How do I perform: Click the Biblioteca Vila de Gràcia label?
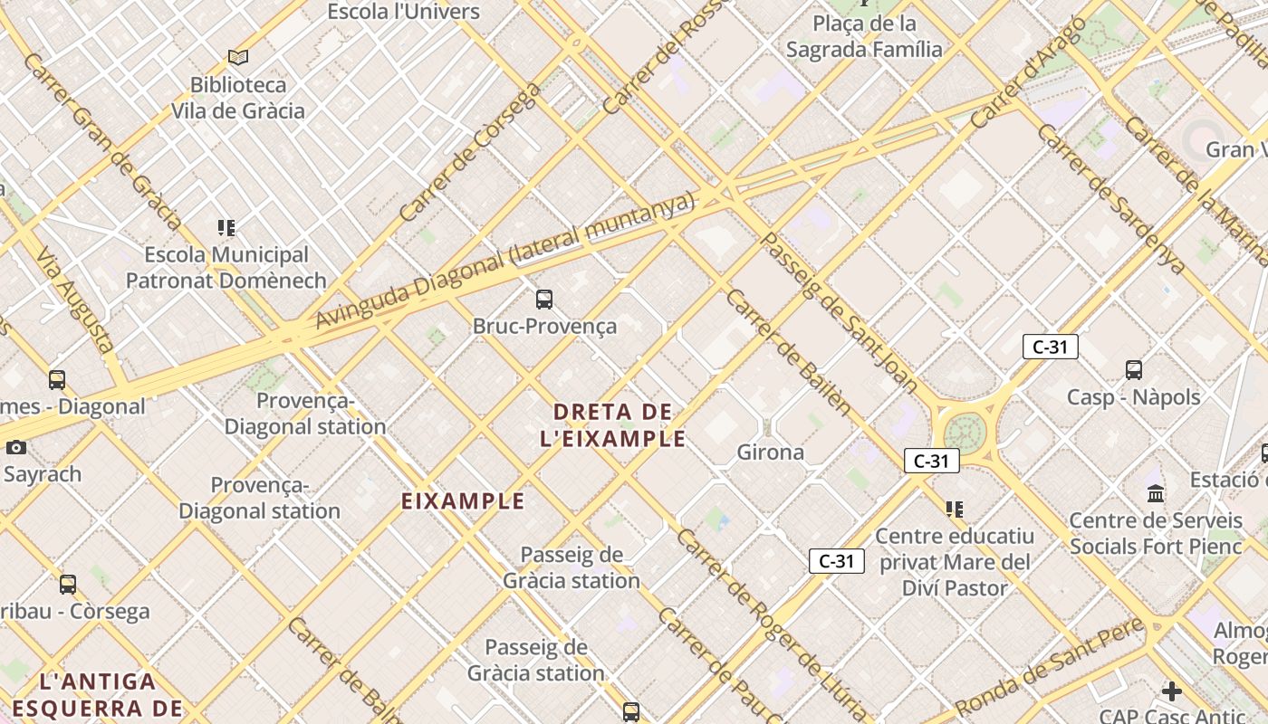[x=238, y=98]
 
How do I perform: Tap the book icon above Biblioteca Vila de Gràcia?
[x=238, y=58]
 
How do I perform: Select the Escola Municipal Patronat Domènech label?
[x=226, y=268]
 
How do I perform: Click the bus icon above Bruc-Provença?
[x=544, y=299]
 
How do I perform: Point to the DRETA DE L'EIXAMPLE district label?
[x=612, y=425]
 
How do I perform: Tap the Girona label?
[x=771, y=452]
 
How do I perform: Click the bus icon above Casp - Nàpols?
[x=1134, y=369]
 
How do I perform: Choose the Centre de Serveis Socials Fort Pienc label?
[x=1156, y=533]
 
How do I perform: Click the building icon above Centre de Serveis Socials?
[x=1156, y=493]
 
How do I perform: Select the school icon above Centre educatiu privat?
[x=955, y=510]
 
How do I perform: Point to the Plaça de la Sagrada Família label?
[x=864, y=36]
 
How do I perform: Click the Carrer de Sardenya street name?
[x=1110, y=198]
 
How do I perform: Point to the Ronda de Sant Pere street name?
[x=1051, y=666]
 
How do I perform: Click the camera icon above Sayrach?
[x=15, y=447]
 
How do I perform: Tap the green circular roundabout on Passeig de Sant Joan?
[x=965, y=433]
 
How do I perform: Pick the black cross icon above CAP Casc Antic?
[x=1172, y=691]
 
